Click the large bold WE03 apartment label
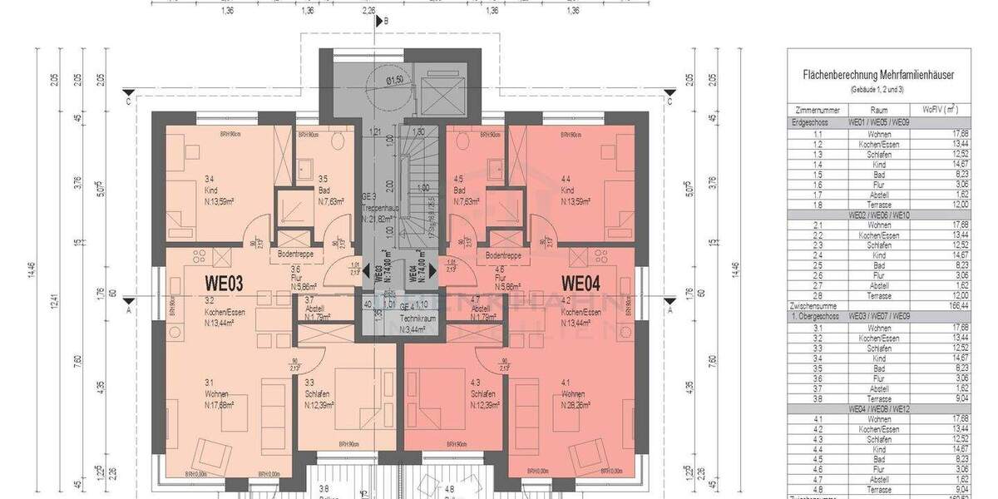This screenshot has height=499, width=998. [x=224, y=284]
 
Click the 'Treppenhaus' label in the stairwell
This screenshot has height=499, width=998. [x=379, y=208]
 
